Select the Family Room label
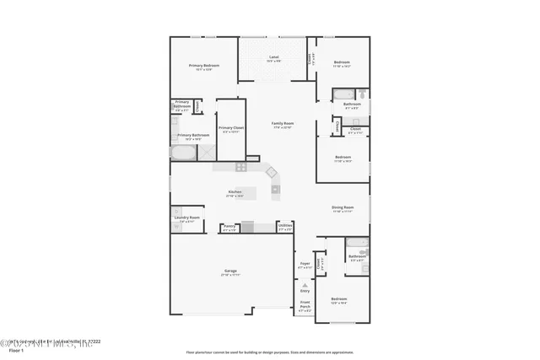point(282,125)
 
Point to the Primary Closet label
point(231,130)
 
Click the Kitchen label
point(235,193)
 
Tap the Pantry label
point(229,228)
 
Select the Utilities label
point(285,227)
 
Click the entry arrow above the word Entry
point(305,283)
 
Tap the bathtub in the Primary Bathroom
point(183,153)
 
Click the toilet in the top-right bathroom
point(360,94)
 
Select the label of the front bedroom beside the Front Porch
point(338,300)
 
